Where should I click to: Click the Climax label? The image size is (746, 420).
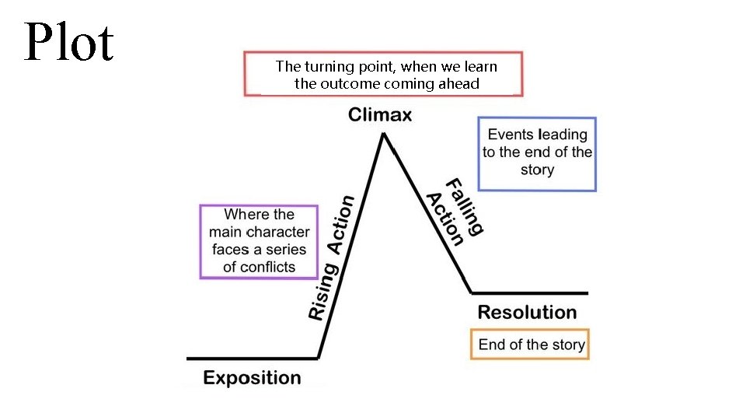380,115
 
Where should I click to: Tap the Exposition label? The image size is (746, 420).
252,378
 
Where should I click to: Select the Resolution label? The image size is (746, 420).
527,313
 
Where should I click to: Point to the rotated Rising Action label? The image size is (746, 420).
332,257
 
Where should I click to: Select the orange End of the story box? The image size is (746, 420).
530,345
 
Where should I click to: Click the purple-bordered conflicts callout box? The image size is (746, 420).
259,240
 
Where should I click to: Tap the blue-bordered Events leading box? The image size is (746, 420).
537,153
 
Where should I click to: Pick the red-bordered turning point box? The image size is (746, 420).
383,74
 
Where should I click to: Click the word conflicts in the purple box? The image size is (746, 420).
269,267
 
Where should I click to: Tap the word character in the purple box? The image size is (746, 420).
277,232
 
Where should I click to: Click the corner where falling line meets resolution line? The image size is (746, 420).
472,292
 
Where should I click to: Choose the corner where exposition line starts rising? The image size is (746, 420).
319,358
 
